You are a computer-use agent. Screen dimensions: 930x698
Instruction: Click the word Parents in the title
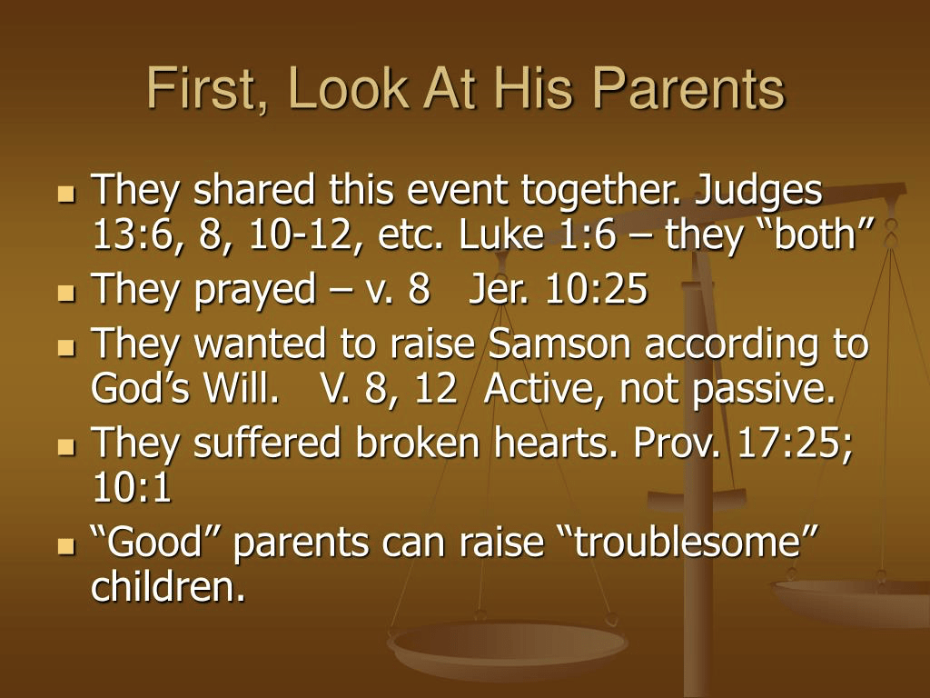point(688,88)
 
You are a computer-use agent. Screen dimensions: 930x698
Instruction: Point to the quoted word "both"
point(816,234)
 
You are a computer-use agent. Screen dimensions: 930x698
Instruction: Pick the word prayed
point(255,291)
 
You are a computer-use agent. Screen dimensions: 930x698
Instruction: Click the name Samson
point(559,344)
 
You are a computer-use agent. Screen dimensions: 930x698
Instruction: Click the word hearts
point(558,443)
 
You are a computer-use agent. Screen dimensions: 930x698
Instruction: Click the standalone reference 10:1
point(132,487)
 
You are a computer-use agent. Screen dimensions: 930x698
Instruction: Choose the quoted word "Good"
point(156,542)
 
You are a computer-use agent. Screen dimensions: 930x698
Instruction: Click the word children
point(168,585)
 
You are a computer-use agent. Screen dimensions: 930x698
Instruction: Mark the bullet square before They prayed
point(67,293)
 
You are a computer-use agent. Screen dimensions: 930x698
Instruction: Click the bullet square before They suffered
point(67,447)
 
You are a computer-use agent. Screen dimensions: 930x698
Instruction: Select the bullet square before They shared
point(67,194)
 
